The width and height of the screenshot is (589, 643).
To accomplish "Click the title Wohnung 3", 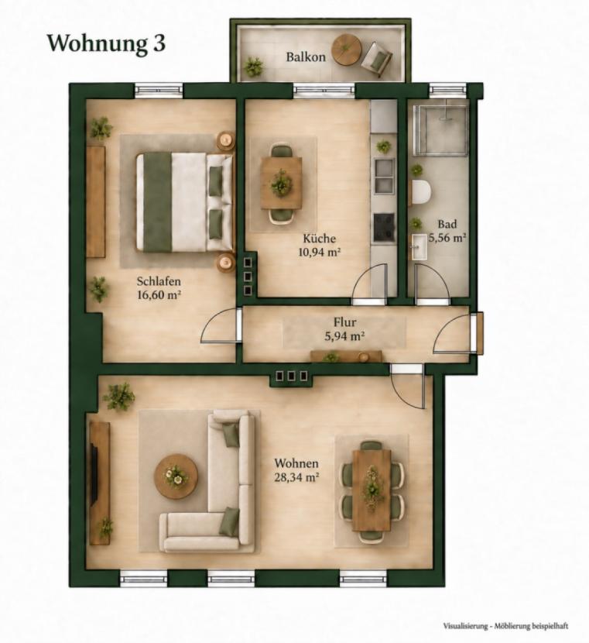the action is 107,43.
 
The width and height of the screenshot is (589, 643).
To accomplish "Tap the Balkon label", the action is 306,57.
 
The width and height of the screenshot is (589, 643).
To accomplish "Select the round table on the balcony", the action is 346,50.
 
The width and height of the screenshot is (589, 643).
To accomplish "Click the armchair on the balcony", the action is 376,60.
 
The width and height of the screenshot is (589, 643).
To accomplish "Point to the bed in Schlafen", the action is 184,201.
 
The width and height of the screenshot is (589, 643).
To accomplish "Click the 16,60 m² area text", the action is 159,294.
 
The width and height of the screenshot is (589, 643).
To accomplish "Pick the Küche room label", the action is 320,239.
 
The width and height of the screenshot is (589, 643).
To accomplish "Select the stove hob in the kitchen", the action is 384,227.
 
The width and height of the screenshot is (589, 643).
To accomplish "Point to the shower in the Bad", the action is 440,130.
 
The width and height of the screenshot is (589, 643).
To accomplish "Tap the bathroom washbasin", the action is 419,246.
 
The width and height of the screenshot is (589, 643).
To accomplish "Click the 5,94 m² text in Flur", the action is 344,336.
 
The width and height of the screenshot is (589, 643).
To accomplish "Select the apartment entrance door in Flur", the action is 479,332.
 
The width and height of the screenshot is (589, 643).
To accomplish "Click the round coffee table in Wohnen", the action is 176,476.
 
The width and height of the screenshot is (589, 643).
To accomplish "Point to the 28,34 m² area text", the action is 297,477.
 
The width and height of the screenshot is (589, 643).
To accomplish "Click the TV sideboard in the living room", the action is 100,483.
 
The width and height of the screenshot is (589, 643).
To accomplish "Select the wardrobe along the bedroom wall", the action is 96,201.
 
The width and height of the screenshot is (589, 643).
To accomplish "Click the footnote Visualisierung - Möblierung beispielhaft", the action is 505,626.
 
